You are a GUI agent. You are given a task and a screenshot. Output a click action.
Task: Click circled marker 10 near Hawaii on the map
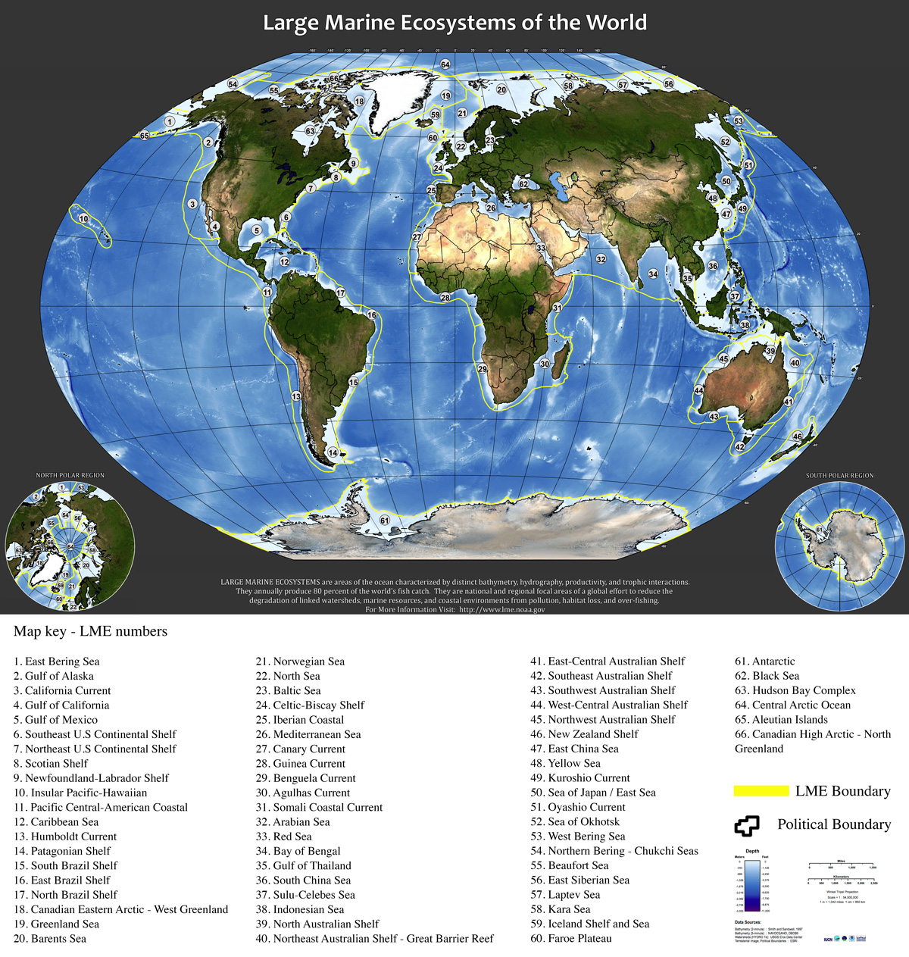tap(83, 219)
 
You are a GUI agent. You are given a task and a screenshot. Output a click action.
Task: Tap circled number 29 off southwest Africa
tap(482, 369)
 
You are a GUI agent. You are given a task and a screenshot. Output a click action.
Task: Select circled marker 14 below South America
tap(332, 453)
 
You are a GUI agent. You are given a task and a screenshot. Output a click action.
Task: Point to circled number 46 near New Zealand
tap(797, 437)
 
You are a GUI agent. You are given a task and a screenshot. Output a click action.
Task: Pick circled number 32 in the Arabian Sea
tap(601, 259)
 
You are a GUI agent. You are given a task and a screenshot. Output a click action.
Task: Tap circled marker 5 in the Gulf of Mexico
tap(257, 230)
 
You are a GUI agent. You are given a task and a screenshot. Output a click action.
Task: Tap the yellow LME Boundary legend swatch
tap(761, 791)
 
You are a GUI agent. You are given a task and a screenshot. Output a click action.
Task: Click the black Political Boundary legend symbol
tap(746, 825)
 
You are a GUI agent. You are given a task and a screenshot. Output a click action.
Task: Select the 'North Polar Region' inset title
tap(70, 475)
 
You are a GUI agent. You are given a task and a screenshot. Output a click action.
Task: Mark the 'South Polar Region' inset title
tap(839, 476)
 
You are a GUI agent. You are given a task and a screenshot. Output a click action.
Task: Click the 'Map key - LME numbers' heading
tap(90, 631)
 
